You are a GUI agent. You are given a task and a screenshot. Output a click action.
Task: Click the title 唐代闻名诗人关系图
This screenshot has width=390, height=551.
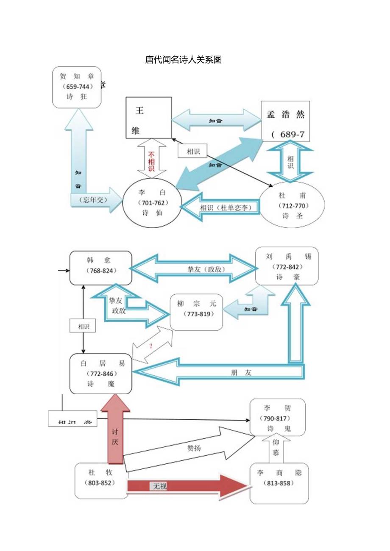point(184,60)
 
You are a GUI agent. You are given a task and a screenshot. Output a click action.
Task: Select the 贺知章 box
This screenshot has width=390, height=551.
point(77,87)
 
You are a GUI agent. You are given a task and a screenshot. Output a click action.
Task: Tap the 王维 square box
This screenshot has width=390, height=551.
point(149,117)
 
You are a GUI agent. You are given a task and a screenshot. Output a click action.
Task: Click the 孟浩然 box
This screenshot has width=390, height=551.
point(285,121)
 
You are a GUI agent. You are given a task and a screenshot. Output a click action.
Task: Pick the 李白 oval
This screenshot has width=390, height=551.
point(152,202)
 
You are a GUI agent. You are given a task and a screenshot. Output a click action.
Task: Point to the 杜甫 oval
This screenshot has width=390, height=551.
point(292,205)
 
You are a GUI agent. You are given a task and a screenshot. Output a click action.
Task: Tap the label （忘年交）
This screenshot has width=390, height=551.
point(90,199)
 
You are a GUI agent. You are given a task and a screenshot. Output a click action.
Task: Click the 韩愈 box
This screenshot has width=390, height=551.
point(100,267)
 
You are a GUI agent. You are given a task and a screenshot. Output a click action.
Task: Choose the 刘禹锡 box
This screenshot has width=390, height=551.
point(287,266)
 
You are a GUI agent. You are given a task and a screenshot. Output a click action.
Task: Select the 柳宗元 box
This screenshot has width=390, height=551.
point(196,312)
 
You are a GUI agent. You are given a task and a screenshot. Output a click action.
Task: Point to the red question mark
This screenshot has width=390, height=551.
point(150,346)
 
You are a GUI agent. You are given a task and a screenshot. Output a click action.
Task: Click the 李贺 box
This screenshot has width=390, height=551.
point(277,417)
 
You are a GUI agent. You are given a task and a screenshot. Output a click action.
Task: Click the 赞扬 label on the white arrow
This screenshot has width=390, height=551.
point(194,448)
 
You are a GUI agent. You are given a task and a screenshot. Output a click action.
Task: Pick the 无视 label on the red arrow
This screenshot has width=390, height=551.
point(160,486)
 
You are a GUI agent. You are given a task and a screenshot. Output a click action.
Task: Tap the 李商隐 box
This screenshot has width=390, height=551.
point(279,483)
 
